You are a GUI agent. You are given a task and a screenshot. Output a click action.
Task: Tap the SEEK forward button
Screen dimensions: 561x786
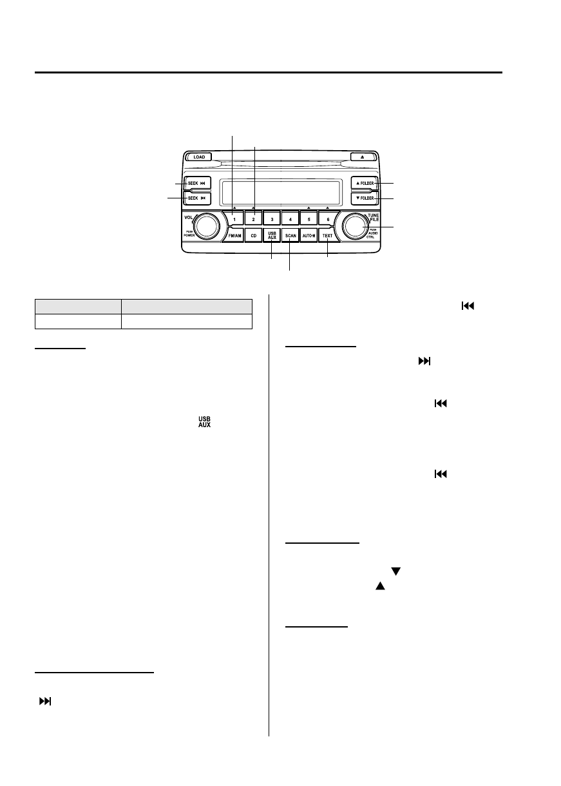pos(197,183)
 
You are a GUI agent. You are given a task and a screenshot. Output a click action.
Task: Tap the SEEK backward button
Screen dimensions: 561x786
pos(197,198)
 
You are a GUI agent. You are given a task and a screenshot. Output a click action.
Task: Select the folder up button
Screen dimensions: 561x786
pos(364,184)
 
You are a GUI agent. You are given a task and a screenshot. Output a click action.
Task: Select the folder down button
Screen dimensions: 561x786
pos(364,198)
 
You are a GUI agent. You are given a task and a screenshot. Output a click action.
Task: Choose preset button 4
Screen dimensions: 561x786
pos(290,219)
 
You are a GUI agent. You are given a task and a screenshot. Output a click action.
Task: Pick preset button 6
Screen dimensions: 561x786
pos(327,219)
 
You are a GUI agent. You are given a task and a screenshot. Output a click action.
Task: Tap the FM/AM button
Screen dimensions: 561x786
pos(235,236)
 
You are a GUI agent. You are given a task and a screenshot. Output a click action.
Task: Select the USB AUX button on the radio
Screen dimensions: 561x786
pos(272,236)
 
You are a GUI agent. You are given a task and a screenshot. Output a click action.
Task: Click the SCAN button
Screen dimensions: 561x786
pos(290,236)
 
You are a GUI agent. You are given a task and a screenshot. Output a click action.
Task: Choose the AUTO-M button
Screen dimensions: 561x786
pos(309,236)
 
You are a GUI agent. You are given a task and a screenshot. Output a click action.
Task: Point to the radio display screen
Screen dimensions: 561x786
pos(280,191)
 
